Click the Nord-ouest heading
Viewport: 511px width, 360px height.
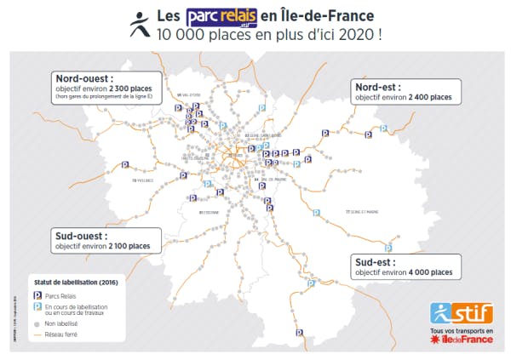tap(82, 77)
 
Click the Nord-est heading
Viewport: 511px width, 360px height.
tap(380, 86)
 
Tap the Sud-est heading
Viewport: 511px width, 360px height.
tap(376, 260)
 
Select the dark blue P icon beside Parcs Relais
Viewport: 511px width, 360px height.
tap(37, 295)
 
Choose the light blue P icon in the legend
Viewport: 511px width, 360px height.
tap(37, 307)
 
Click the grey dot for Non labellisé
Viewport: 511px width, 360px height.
tap(37, 325)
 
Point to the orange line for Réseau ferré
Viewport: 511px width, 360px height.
tap(37, 335)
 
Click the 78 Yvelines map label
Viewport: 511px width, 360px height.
tap(142, 180)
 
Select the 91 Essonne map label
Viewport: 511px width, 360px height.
tap(208, 211)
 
